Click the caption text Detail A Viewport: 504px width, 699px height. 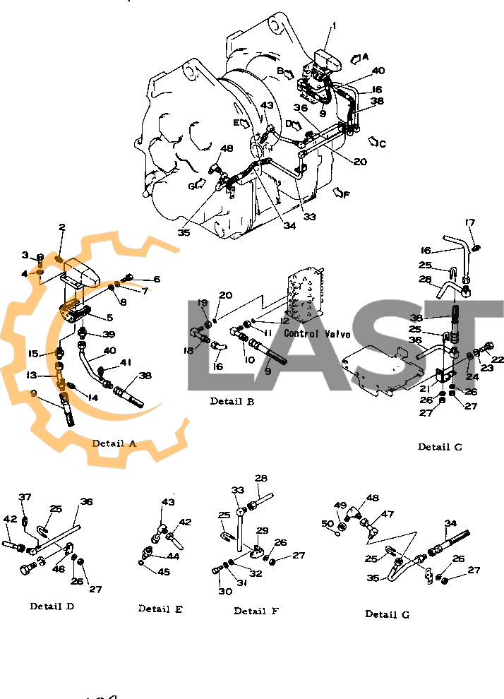click(114, 443)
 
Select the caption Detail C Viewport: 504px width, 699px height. click(440, 447)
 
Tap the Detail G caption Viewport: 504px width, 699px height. click(387, 614)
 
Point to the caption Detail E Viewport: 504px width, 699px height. click(160, 609)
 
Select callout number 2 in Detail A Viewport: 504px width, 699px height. click(62, 227)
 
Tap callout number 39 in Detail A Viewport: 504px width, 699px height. click(109, 334)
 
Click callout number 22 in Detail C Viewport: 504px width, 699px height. click(498, 359)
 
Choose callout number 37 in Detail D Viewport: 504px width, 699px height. click(25, 498)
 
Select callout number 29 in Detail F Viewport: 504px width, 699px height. click(262, 530)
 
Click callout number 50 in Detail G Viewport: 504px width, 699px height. click(328, 523)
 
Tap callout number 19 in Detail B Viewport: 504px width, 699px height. click(203, 303)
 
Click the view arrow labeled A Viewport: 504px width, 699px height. click(359, 58)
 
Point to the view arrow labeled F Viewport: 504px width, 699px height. click(341, 192)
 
